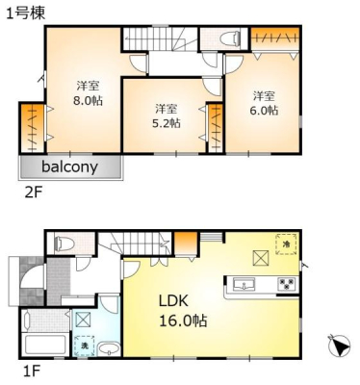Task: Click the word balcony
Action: point(69,167)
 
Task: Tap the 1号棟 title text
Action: point(26,13)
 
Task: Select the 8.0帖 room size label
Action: point(88,100)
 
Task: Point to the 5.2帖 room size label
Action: point(166,123)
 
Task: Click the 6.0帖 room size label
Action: point(264,110)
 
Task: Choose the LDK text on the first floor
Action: point(173,301)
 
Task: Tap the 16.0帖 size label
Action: point(183,321)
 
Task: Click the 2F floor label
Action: point(34,192)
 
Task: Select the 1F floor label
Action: point(31,372)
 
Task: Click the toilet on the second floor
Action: point(230,38)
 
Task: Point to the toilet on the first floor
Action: point(64,244)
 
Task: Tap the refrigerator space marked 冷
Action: point(286,244)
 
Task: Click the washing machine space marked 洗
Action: point(84,346)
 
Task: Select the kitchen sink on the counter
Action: point(244,284)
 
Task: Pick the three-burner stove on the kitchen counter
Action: point(285,284)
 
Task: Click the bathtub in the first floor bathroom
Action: point(45,345)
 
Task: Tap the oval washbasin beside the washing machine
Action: point(109,348)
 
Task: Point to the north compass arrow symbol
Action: point(340,346)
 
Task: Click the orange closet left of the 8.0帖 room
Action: point(33,128)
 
